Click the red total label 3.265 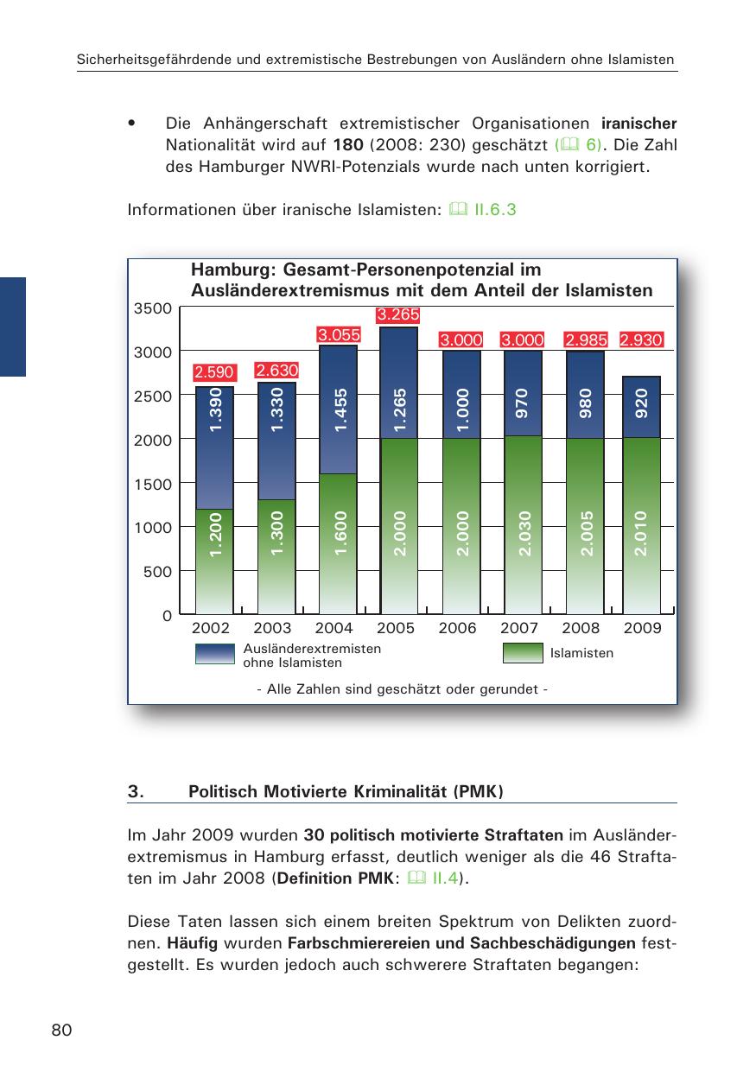[397, 314]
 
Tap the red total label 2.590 [214, 373]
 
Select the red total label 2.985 [586, 340]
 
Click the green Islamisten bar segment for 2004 [338, 544]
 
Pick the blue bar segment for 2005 [399, 384]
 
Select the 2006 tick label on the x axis [458, 629]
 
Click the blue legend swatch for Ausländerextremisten [215, 654]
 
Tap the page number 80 [61, 1030]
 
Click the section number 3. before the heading [134, 791]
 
